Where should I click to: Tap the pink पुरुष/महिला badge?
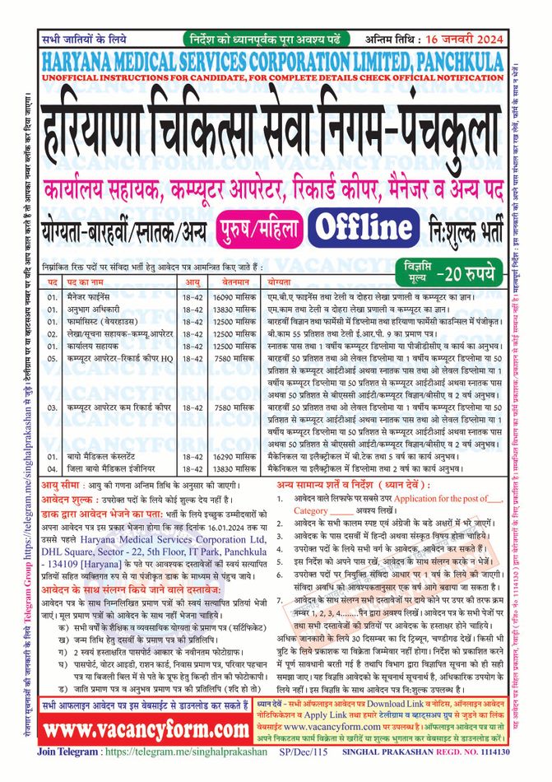coord(260,226)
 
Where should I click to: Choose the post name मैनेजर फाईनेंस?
coord(98,294)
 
